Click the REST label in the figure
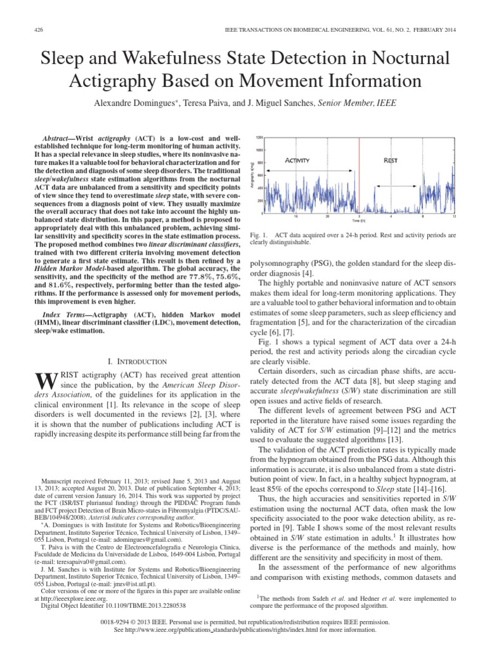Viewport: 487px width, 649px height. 391,160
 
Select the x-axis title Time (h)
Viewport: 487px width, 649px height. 359,222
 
